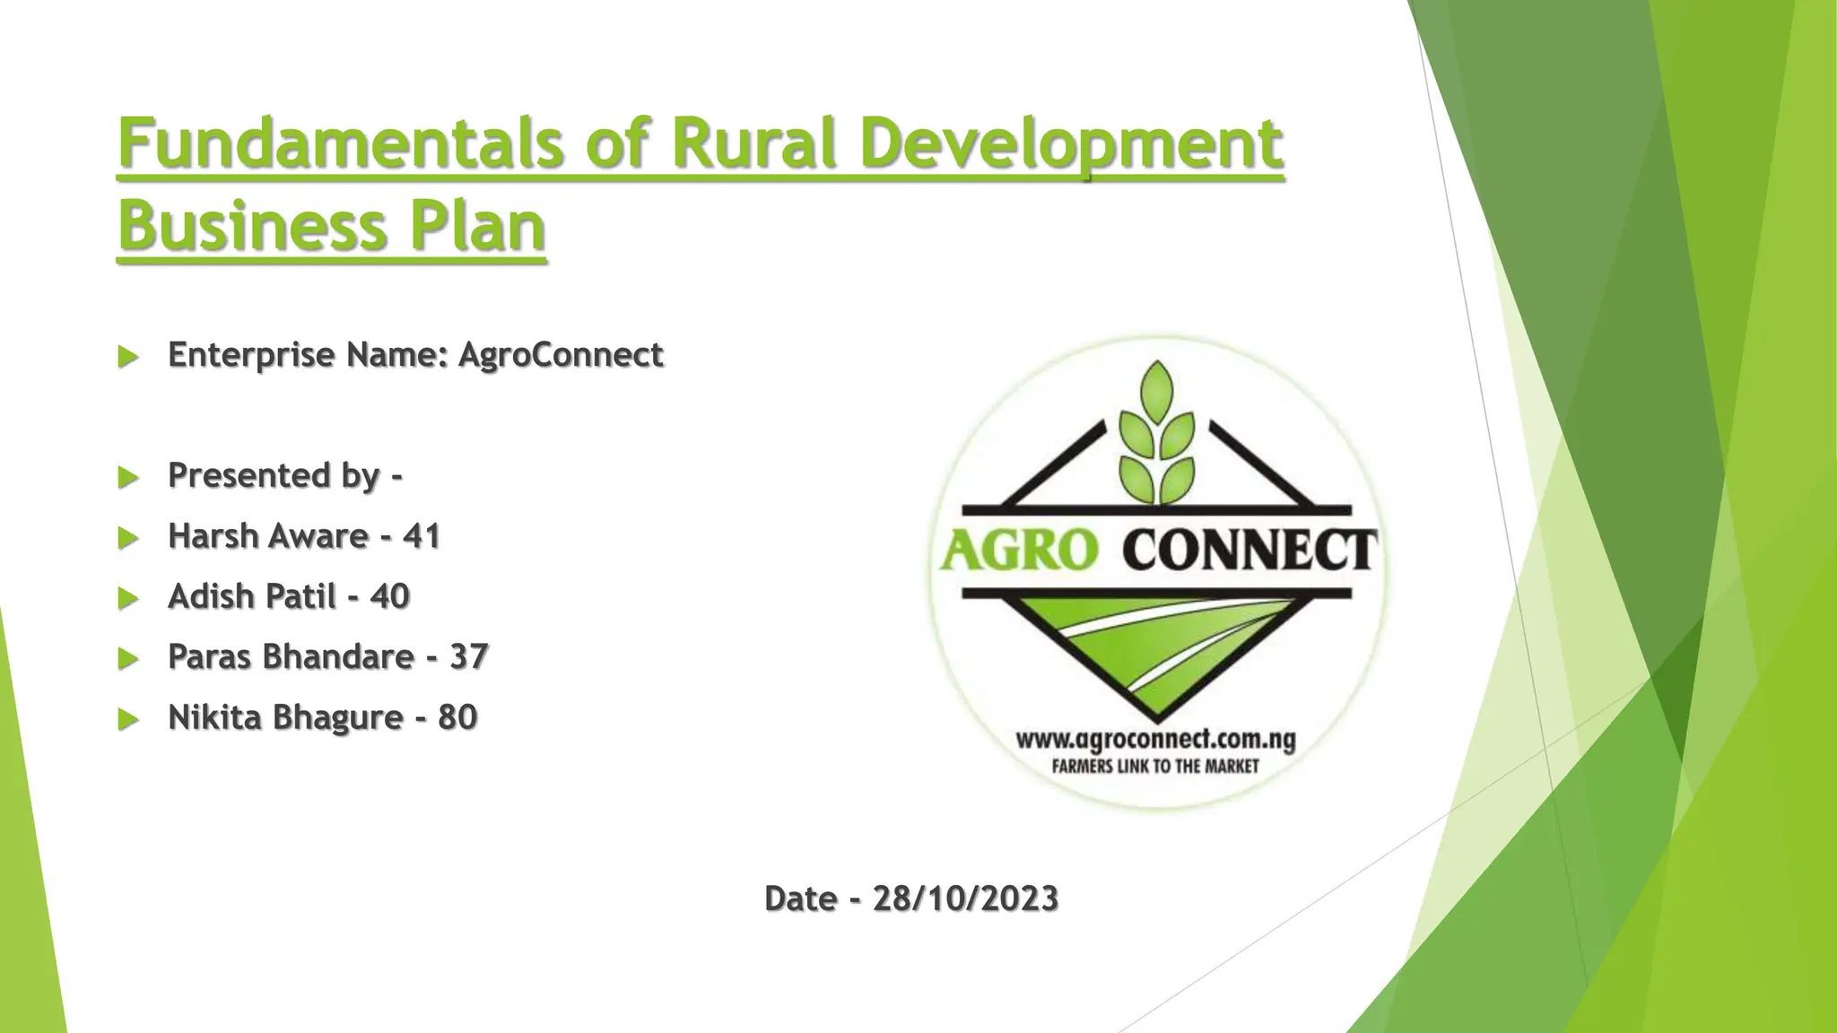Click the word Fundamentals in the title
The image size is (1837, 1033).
tap(341, 143)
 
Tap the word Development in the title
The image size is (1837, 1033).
tap(1071, 143)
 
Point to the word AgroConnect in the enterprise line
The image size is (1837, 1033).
tap(561, 355)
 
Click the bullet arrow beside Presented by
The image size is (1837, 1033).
tap(128, 477)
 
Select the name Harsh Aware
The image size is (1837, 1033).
tap(267, 536)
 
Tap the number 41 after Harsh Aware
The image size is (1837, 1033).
tap(422, 536)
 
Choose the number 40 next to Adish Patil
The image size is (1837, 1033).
tap(389, 596)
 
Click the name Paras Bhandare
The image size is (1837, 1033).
tap(291, 656)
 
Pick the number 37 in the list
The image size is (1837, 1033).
tap(468, 656)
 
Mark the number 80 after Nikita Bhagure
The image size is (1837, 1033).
tap(457, 717)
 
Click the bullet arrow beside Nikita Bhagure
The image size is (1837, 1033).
tap(128, 719)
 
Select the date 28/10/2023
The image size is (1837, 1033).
tap(965, 898)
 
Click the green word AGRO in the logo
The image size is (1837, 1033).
tap(1018, 550)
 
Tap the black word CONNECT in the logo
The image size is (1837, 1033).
tap(1249, 550)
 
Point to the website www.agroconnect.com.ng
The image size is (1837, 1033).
tap(1155, 741)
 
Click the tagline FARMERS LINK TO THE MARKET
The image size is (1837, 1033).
tap(1155, 767)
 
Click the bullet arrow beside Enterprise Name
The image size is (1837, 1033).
tap(128, 357)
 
